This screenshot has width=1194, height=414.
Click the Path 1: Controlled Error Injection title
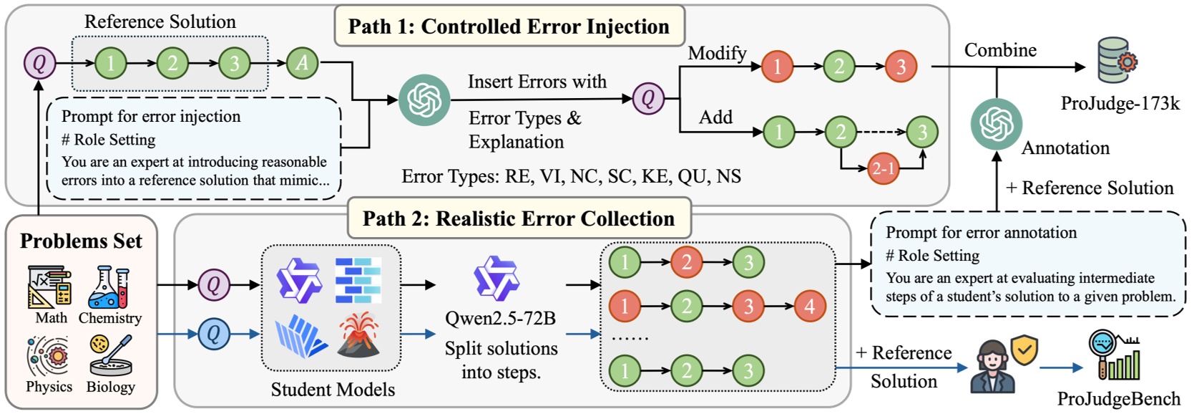coord(509,27)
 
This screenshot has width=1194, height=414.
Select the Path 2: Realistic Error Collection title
coord(519,218)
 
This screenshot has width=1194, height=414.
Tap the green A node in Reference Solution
coord(302,63)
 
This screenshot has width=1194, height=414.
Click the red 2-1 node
coord(883,169)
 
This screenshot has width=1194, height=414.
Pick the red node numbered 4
coord(809,307)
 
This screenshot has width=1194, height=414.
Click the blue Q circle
coord(213,334)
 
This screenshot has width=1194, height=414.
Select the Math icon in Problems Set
coord(49,287)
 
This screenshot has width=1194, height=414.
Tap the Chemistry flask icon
coord(109,287)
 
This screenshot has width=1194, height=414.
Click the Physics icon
coord(48,356)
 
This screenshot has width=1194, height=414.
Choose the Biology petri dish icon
coord(110,356)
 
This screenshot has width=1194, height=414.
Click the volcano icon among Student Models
coord(359,335)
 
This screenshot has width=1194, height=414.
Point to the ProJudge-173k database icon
coord(1116,61)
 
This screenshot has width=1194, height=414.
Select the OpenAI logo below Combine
coord(996,125)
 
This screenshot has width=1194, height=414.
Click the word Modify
coord(717,53)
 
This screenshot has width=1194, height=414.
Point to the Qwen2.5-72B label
coord(500,318)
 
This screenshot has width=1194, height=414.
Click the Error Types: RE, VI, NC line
coord(571,176)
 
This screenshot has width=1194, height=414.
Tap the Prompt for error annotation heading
coord(980,233)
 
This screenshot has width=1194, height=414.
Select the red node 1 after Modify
coord(777,67)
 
